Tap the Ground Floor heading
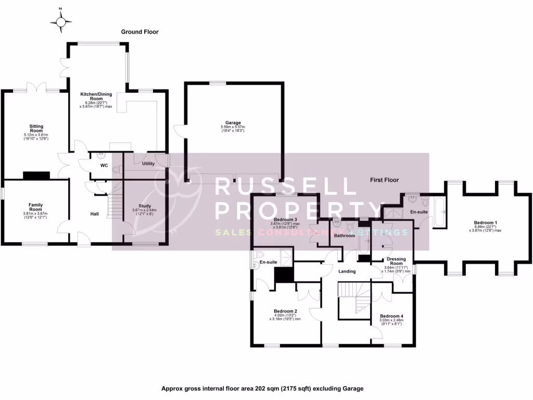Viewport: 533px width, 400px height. [139, 32]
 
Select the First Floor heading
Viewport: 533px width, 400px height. [384, 180]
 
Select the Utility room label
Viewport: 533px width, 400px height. [148, 164]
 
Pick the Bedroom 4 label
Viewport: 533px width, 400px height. [391, 316]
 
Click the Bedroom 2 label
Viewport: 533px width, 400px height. [285, 311]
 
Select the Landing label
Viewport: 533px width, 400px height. [347, 271]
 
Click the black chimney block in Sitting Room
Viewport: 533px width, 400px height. [36, 176]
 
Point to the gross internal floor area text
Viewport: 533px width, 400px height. [262, 389]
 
